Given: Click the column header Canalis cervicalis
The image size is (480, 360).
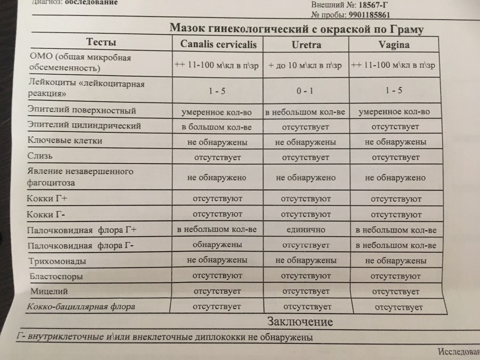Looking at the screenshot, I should pyautogui.click(x=218, y=45).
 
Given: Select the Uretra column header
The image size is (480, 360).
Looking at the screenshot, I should pyautogui.click(x=306, y=45).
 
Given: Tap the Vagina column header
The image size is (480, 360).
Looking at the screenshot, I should pyautogui.click(x=394, y=45).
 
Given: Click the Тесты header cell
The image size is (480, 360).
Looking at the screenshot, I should pyautogui.click(x=101, y=42).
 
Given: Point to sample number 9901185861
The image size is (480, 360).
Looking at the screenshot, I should pyautogui.click(x=369, y=15).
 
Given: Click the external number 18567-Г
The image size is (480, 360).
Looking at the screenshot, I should pyautogui.click(x=369, y=6).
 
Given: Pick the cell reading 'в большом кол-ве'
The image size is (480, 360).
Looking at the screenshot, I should pyautogui.click(x=216, y=127).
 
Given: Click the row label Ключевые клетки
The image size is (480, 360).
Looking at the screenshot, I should pyautogui.click(x=65, y=141).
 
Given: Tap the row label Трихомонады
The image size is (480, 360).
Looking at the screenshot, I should pyautogui.click(x=57, y=261).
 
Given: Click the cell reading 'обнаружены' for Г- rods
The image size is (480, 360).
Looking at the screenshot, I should pyautogui.click(x=217, y=245).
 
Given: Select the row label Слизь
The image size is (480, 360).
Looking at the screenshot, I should pyautogui.click(x=40, y=156).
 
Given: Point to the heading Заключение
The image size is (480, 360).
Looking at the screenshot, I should pyautogui.click(x=300, y=322).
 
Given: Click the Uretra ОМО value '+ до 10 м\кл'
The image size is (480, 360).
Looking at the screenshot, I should pyautogui.click(x=305, y=66).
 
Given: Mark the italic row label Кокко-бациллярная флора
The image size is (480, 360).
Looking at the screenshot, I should pyautogui.click(x=81, y=307).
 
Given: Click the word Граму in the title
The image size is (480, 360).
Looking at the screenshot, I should pyautogui.click(x=406, y=29).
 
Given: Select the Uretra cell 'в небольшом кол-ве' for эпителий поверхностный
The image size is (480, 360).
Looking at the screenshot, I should pyautogui.click(x=305, y=112).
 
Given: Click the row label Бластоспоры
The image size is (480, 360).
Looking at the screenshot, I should pyautogui.click(x=56, y=277).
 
